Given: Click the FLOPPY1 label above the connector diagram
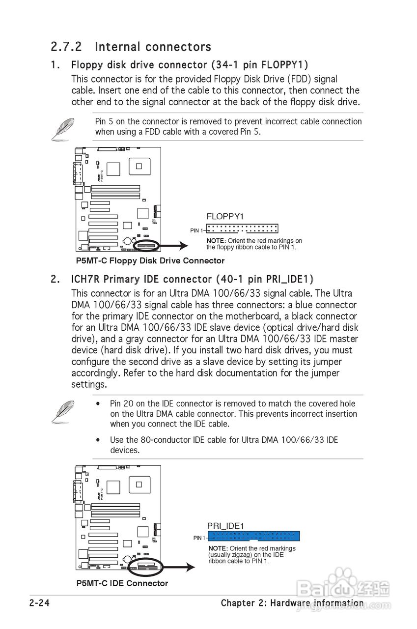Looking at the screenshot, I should (x=225, y=216).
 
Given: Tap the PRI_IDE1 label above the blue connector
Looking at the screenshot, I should (x=225, y=526).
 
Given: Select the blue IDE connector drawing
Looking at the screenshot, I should (x=253, y=536).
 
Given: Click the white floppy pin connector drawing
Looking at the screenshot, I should (x=242, y=229).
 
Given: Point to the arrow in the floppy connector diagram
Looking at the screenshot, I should (x=174, y=246).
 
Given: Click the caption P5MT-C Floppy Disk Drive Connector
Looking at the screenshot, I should (x=150, y=261).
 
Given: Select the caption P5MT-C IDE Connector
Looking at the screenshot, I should (x=122, y=583).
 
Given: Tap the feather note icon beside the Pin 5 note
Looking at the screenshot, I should (x=63, y=128).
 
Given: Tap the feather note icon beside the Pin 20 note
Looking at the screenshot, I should (x=63, y=411).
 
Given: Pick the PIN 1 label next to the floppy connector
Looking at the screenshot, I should (x=195, y=230).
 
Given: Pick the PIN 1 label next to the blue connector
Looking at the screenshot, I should (x=199, y=539).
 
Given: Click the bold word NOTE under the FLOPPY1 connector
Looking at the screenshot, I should (x=216, y=241).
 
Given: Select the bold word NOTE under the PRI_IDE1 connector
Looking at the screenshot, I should (x=218, y=548).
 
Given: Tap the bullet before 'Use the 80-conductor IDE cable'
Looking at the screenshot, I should (x=99, y=440).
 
